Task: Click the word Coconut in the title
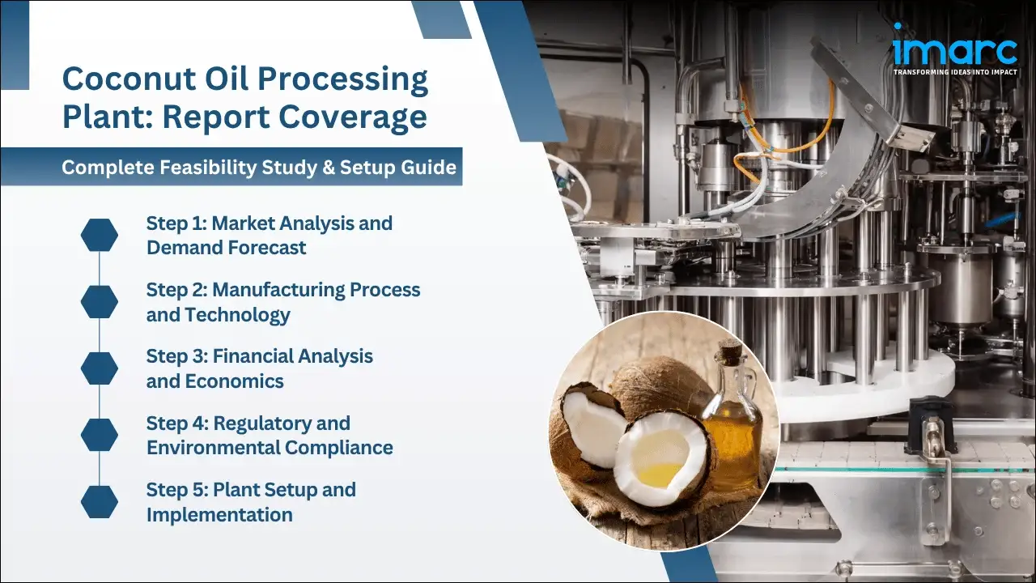tap(130, 80)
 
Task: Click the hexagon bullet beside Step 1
tap(100, 235)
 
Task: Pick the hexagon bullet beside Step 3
tap(100, 368)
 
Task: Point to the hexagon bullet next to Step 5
tap(100, 502)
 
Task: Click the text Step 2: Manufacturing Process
tap(283, 290)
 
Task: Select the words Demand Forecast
tap(226, 248)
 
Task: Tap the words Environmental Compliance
tap(270, 447)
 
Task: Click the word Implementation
tap(219, 514)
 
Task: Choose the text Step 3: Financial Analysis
tap(259, 356)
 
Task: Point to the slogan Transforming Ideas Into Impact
tap(954, 72)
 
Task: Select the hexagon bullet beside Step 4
tap(100, 436)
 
